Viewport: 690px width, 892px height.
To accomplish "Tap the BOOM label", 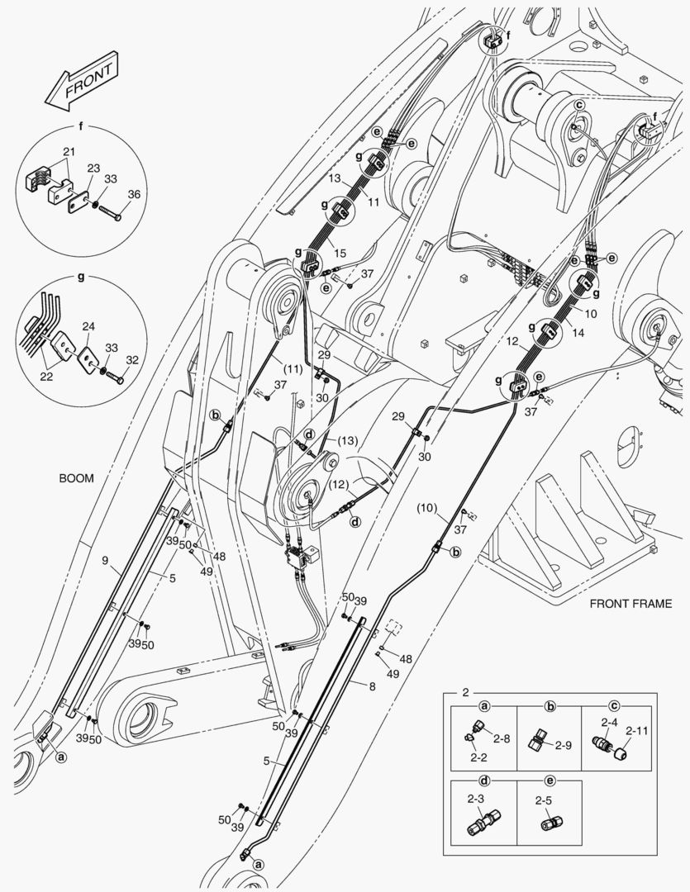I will (x=76, y=478).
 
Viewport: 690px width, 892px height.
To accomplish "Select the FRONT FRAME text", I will (x=631, y=604).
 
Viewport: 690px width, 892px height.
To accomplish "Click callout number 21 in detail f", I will (x=68, y=151).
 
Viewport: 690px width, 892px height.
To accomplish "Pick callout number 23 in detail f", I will (x=93, y=168).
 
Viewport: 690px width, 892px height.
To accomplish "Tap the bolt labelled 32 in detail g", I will (x=115, y=379).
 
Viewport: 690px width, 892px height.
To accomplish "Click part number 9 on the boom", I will (x=106, y=562).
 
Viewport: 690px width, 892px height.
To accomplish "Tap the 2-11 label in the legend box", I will (x=636, y=730).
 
